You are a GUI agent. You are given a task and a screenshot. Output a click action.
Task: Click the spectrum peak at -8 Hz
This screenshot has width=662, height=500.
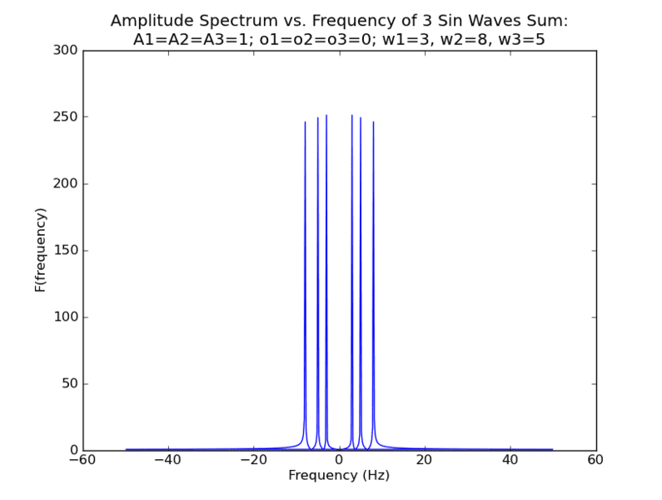coord(305,122)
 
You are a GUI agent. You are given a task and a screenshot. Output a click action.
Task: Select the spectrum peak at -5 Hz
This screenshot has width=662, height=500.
coord(318,117)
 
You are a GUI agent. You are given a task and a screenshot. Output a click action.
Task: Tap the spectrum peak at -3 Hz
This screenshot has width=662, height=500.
coord(326,116)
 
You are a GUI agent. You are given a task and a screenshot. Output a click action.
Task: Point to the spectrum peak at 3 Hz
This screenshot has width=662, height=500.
coord(352,116)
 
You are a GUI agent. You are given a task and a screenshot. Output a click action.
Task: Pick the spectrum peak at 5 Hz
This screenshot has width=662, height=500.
coord(361,117)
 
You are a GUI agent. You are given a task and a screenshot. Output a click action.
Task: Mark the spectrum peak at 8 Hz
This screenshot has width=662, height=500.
coord(373,122)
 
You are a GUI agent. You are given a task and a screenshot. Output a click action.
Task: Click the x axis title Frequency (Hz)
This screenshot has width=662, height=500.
coord(339,476)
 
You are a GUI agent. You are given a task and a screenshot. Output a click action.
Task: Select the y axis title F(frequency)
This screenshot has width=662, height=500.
coord(39,250)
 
